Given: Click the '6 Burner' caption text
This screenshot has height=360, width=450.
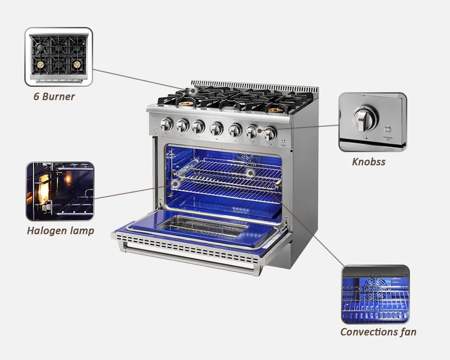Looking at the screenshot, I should pyautogui.click(x=54, y=96).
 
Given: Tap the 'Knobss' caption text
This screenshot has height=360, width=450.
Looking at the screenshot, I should pyautogui.click(x=369, y=162).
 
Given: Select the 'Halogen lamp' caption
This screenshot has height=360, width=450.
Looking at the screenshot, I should pyautogui.click(x=60, y=231).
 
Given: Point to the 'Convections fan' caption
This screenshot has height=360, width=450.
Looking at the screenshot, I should pyautogui.click(x=378, y=332).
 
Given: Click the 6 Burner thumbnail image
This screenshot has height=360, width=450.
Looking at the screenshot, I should pyautogui.click(x=58, y=57).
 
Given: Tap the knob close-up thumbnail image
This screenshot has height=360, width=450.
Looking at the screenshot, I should pyautogui.click(x=373, y=122).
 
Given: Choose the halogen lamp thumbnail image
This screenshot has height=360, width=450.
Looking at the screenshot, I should pyautogui.click(x=60, y=191).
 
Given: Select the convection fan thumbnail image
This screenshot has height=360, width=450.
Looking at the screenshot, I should pyautogui.click(x=375, y=294).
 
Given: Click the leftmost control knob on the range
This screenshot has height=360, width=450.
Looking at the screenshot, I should pyautogui.click(x=166, y=124).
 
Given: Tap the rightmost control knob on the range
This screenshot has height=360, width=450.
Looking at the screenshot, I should pyautogui.click(x=270, y=133).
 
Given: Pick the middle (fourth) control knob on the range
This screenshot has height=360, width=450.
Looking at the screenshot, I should pyautogui.click(x=216, y=128).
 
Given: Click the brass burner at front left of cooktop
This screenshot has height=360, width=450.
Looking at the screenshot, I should pyautogui.click(x=185, y=104).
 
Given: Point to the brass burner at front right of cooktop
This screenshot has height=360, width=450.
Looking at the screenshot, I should pyautogui.click(x=276, y=109).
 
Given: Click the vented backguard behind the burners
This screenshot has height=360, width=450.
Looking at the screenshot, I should pyautogui.click(x=254, y=85).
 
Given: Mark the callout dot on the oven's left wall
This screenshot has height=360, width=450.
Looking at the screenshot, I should pyautogui.click(x=175, y=184).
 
